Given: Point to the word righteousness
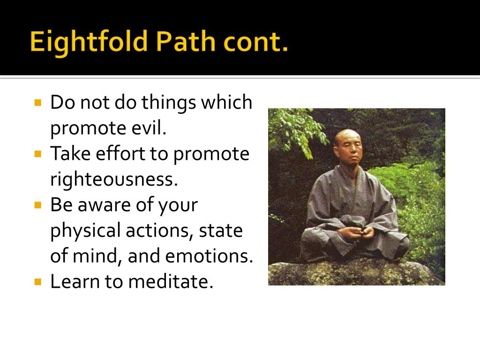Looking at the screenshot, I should pos(114,180).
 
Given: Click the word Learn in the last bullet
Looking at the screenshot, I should pos(71,282).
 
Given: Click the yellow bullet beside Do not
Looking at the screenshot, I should pos(38,102).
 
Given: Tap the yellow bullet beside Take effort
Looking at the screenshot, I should pos(38,153).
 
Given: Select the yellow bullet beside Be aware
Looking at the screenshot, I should pos(38,204).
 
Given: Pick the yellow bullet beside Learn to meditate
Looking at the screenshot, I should pos(38,281).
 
